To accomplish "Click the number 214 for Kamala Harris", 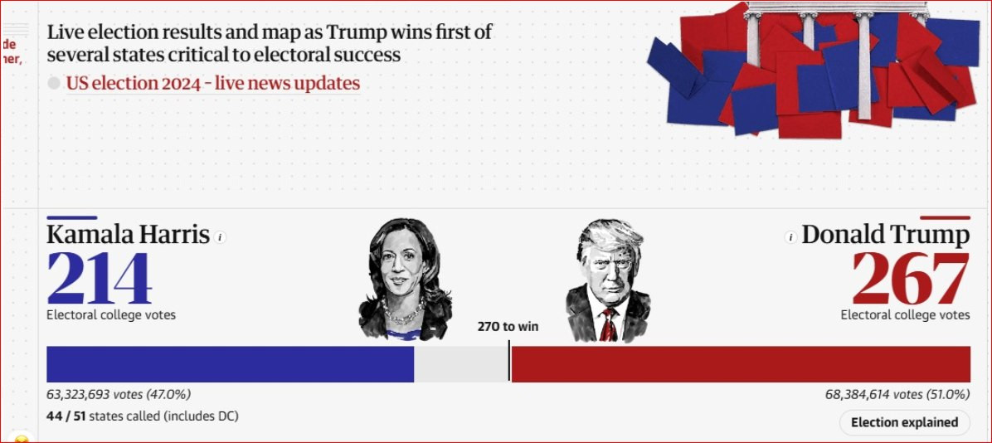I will (x=100, y=279).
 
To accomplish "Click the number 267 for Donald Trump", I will (x=911, y=280).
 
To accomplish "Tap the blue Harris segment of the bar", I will (x=230, y=364).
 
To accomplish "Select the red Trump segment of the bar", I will (x=740, y=364).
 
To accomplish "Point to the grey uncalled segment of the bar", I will (x=460, y=364).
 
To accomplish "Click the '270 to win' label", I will (x=508, y=327).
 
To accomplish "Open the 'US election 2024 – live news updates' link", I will (x=213, y=84).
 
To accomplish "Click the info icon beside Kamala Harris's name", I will (x=220, y=237).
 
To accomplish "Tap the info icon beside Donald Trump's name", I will (x=790, y=237).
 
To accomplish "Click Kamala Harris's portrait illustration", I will (x=405, y=278).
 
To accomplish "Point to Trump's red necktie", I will (x=608, y=325).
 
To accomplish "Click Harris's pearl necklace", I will (x=404, y=315).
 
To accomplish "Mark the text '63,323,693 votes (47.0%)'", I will (x=119, y=395).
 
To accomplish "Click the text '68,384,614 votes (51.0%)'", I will (x=897, y=395).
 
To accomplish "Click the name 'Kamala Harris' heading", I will (x=128, y=235).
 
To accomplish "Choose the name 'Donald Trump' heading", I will (x=885, y=235).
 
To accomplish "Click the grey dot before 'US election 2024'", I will (x=54, y=84).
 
